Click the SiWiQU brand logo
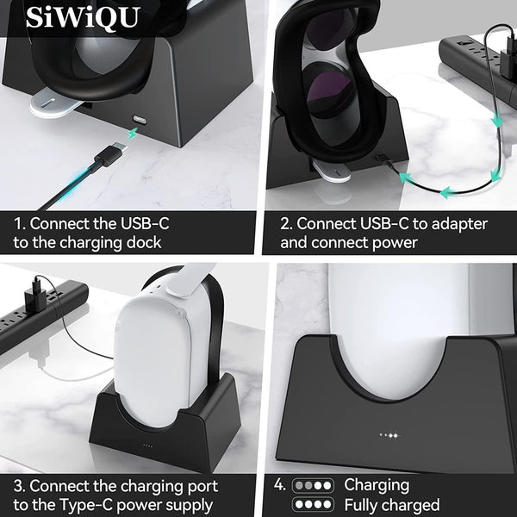[x=82, y=17]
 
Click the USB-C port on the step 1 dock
[x=138, y=118]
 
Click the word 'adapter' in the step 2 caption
[x=458, y=224]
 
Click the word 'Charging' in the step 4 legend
[x=377, y=484]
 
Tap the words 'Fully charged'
[x=392, y=505]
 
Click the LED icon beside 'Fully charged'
[x=313, y=505]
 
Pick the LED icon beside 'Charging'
[x=313, y=484]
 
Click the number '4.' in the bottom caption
[x=280, y=485]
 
